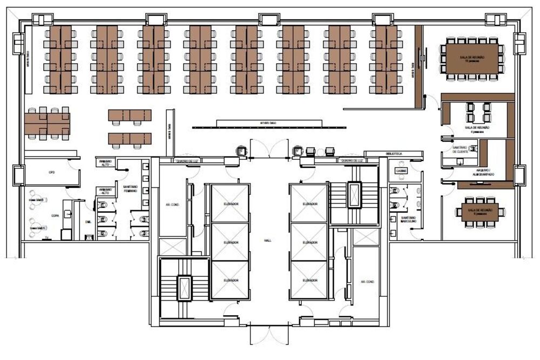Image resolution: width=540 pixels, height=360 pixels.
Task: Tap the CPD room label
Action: (x=52, y=173)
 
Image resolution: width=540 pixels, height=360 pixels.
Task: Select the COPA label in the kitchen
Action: (x=54, y=215)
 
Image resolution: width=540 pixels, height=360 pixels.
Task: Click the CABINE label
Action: (x=400, y=171)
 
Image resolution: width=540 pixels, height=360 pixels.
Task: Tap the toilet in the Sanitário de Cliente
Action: (x=474, y=147)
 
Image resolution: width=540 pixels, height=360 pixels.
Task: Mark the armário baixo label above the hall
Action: (x=268, y=123)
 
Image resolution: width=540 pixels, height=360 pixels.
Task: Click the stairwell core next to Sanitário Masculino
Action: (x=354, y=194)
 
